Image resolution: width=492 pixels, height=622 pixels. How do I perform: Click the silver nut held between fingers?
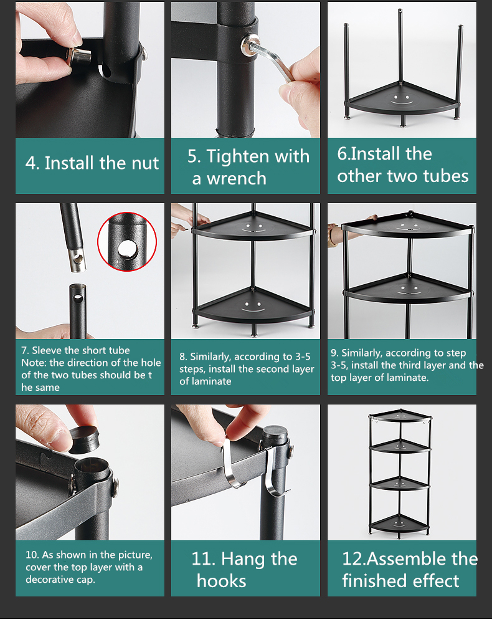coord(78,57)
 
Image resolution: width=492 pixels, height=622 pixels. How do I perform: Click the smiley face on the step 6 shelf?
coord(401,99)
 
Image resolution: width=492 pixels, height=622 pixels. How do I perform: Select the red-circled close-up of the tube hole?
coord(127,242)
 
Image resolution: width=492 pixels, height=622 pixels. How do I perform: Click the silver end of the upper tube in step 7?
coord(78,259)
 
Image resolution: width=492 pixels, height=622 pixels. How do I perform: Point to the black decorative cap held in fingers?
coord(83,439)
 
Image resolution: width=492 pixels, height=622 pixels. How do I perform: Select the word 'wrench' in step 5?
coord(237,178)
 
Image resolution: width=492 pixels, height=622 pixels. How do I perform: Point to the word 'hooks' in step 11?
coord(221,581)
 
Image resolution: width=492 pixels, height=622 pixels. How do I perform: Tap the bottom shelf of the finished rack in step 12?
coord(399,524)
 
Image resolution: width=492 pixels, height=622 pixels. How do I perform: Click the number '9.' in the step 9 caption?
coord(334,353)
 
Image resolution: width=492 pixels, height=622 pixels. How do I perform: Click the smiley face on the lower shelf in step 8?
coord(253,306)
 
